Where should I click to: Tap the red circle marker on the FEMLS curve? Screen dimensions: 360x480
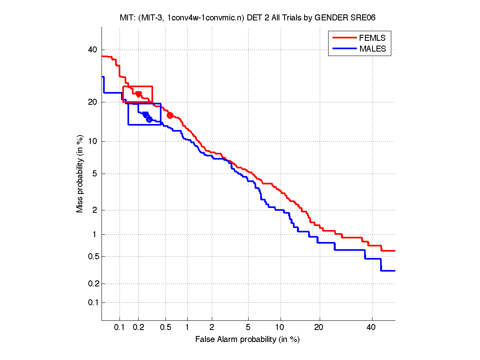[170, 115]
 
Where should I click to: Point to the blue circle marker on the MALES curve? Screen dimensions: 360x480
[149, 119]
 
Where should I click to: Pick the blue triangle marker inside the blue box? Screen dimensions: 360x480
[145, 114]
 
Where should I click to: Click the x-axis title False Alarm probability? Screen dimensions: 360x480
[247, 340]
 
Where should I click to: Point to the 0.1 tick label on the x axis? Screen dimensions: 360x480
[120, 328]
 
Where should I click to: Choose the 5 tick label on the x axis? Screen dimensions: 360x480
[248, 328]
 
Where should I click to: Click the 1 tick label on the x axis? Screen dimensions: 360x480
[187, 328]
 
